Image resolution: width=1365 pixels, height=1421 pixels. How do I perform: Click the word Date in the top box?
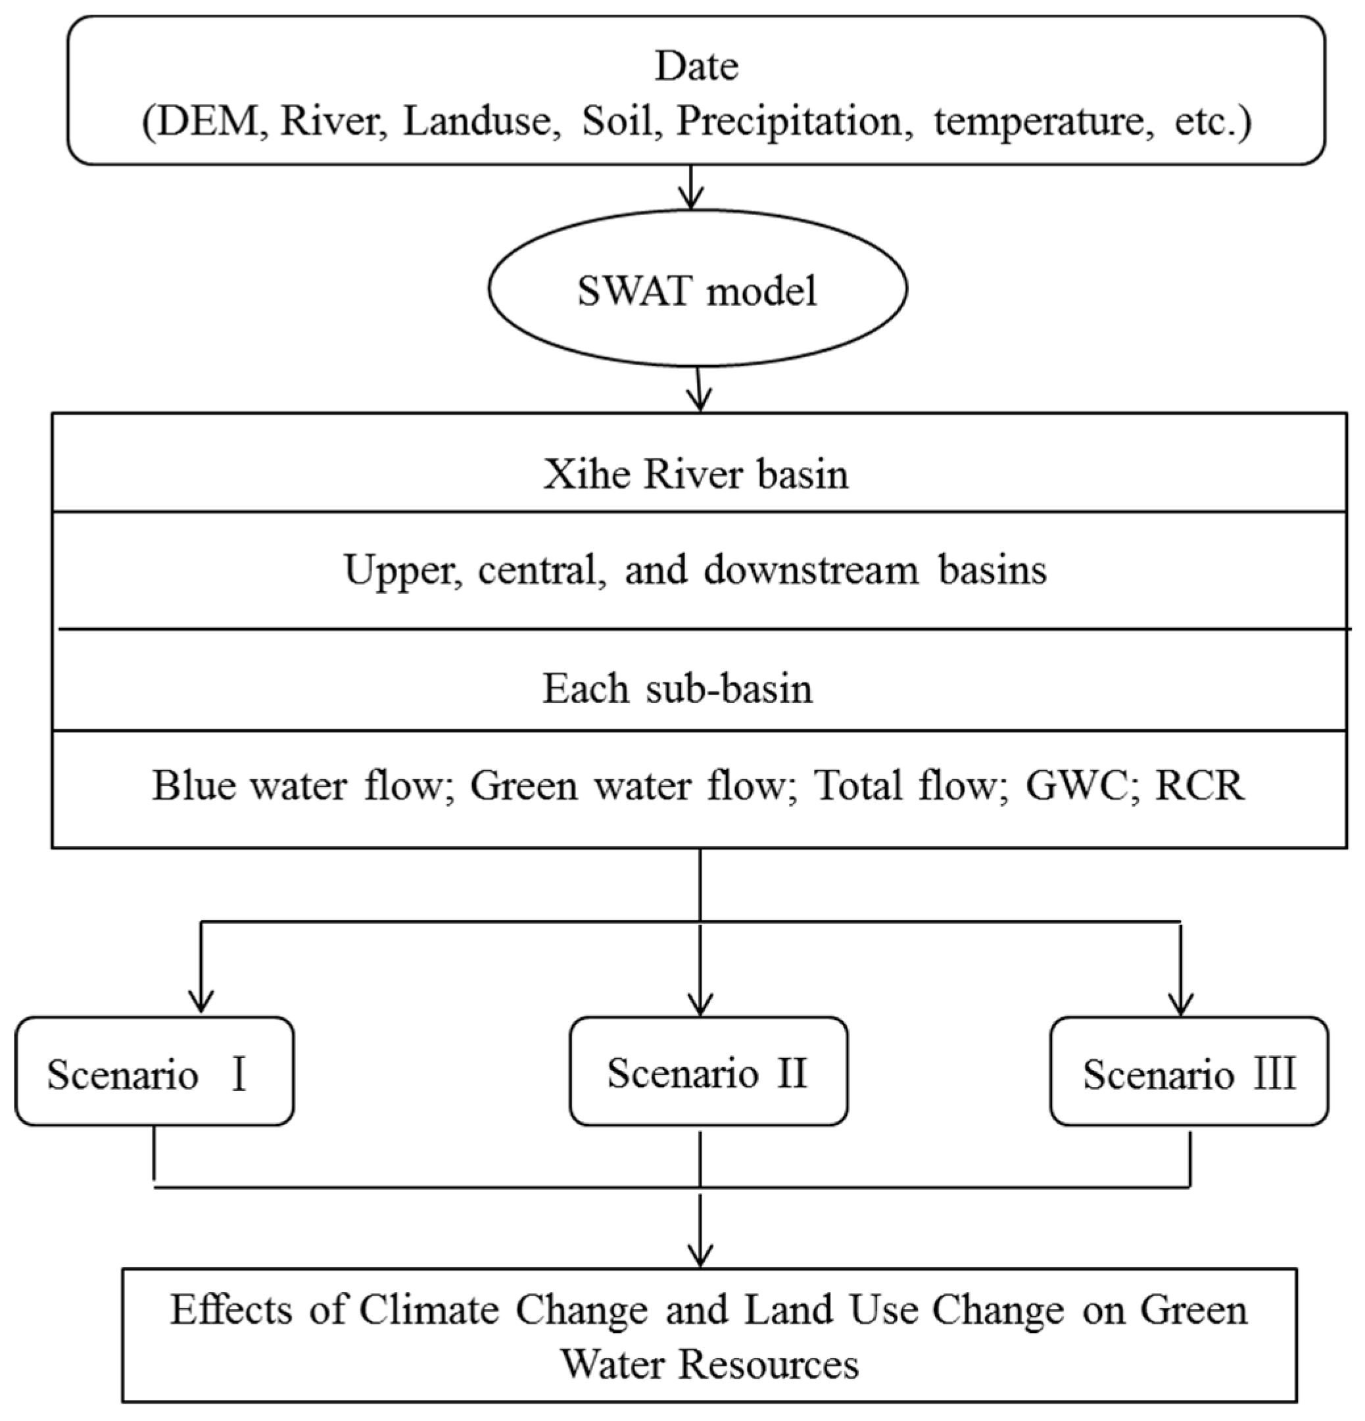696,66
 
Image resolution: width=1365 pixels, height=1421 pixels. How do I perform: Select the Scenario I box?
155,1072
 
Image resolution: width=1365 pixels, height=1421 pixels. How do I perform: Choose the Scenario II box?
708,1072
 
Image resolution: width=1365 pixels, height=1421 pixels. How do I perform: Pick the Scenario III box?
1189,1072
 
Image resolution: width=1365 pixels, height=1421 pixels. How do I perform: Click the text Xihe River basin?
696,475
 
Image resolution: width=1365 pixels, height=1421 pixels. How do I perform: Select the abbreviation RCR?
1199,785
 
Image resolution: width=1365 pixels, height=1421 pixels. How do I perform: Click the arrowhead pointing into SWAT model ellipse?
693,199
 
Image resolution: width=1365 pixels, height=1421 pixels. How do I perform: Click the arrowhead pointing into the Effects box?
700,1257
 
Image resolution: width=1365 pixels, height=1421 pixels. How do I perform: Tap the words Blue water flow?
297,785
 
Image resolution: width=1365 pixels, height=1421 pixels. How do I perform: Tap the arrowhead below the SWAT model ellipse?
700,401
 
